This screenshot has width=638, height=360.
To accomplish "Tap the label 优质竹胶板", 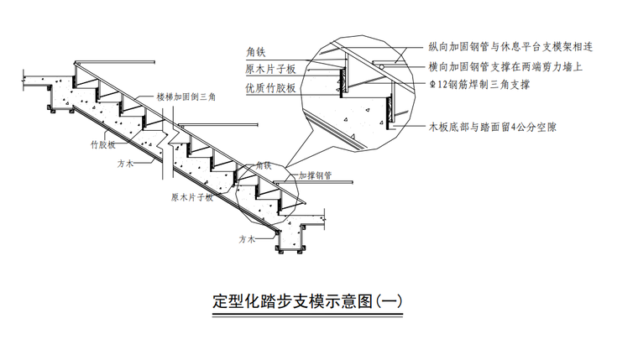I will pyautogui.click(x=270, y=87).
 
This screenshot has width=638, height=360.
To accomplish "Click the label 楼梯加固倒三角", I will pyautogui.click(x=186, y=97).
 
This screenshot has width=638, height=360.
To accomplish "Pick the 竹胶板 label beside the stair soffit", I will pyautogui.click(x=102, y=145).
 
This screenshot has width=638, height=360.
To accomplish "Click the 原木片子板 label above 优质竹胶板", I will pyautogui.click(x=270, y=70).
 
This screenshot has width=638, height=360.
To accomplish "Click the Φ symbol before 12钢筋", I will pyautogui.click(x=431, y=85).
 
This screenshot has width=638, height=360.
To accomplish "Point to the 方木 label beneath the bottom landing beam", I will pyautogui.click(x=246, y=239).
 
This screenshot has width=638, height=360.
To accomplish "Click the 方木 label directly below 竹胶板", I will pyautogui.click(x=127, y=164).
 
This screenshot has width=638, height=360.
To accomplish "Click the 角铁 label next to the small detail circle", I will pyautogui.click(x=264, y=166).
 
